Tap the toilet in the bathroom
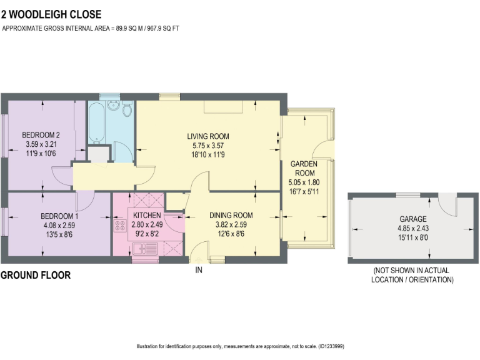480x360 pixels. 127,111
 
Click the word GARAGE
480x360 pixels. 413,219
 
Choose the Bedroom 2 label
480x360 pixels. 41,134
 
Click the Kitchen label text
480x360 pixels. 147,216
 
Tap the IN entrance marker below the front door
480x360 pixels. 199,270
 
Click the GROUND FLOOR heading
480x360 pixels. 36,275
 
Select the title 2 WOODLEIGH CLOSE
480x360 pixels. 51,14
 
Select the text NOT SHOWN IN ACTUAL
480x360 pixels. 412,271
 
